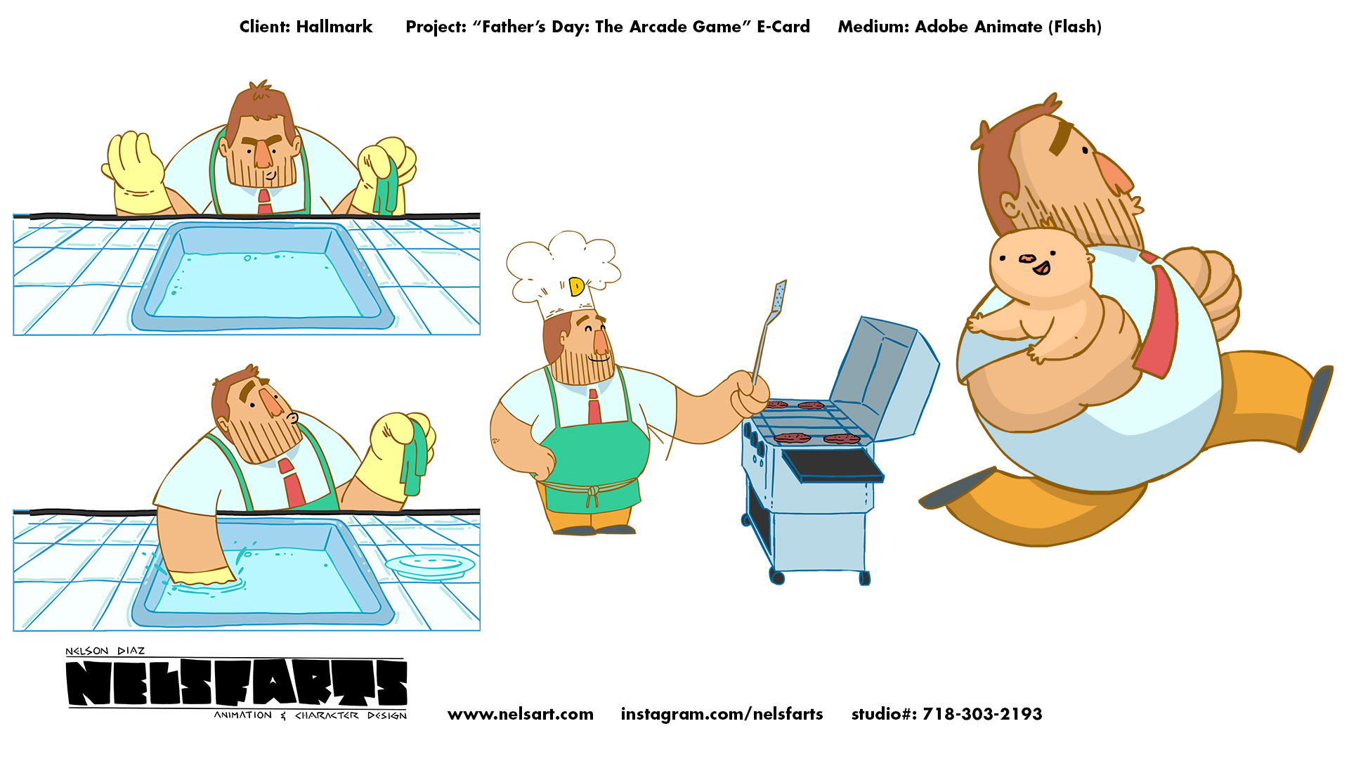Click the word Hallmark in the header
click(334, 27)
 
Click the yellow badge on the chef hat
click(576, 286)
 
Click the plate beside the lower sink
click(430, 566)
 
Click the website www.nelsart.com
click(521, 714)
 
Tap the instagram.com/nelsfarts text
click(722, 714)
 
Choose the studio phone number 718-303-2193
click(982, 714)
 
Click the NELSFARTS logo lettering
click(237, 683)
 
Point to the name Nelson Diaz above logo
click(105, 651)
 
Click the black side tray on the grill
click(834, 465)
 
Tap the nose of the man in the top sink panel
click(263, 153)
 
